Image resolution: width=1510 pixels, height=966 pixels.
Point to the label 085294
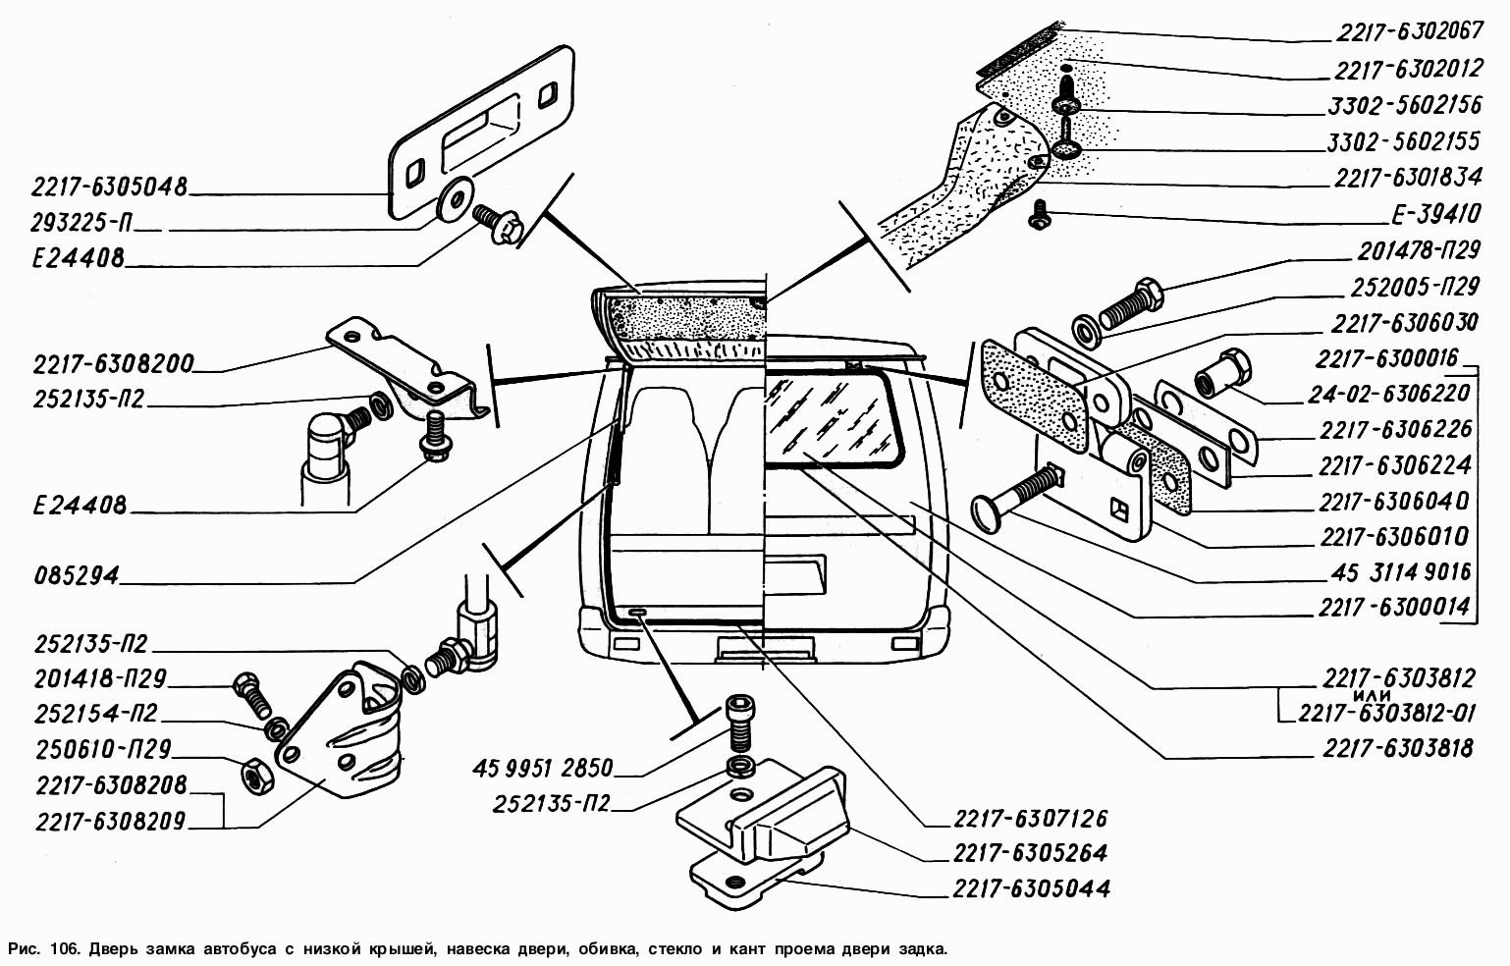point(76,575)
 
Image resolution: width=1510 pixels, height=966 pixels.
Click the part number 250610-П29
point(103,749)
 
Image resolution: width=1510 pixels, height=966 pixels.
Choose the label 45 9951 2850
point(542,767)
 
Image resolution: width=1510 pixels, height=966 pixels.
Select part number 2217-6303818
point(1398,749)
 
